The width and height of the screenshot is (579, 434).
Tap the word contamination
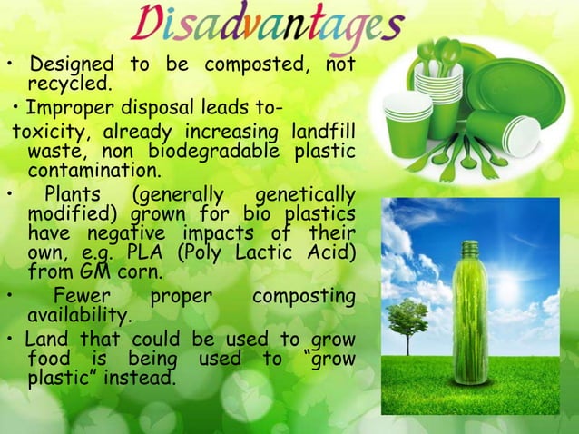[x=93, y=170]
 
